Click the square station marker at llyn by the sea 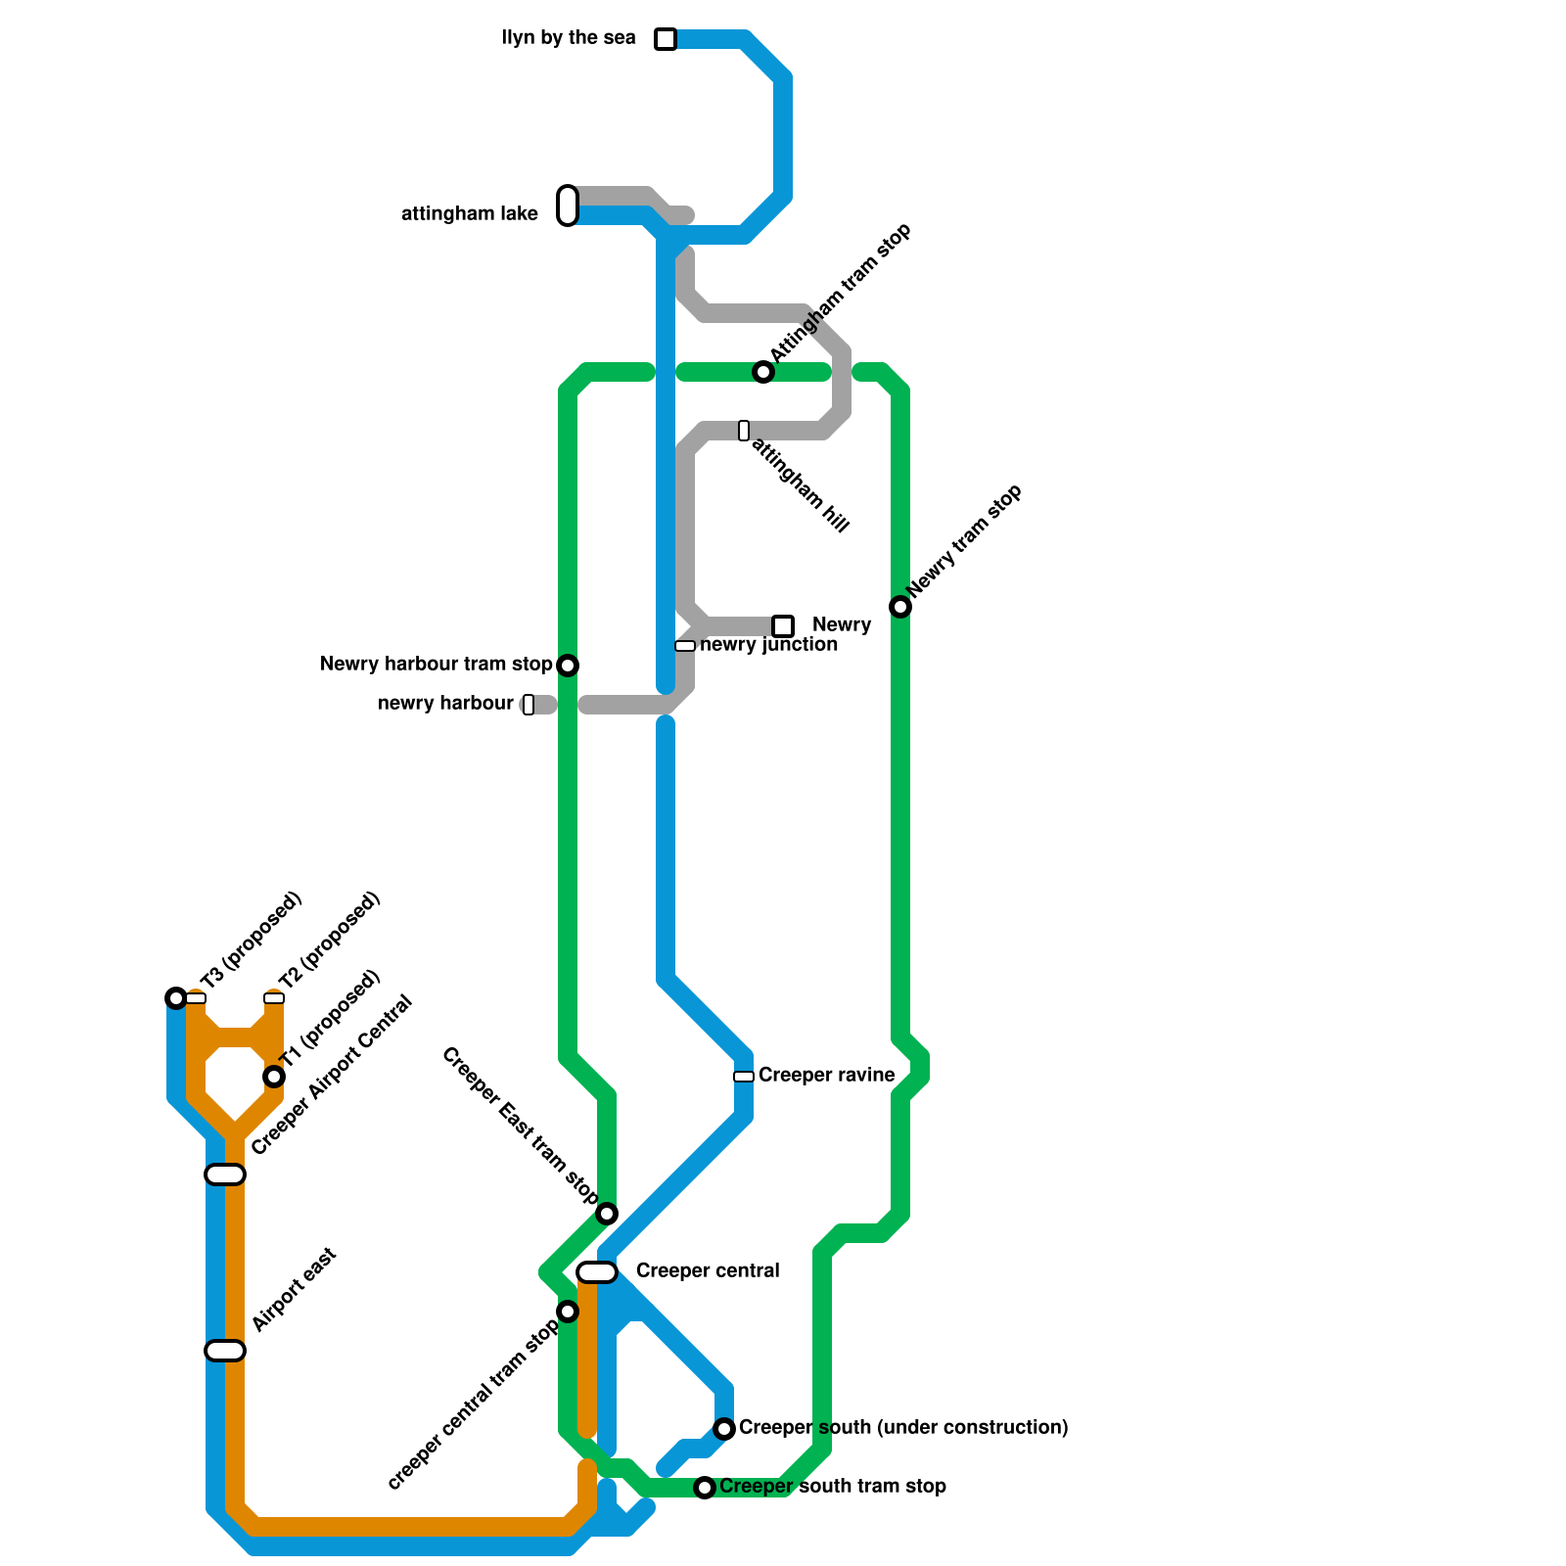(x=666, y=39)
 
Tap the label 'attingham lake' (x=470, y=214)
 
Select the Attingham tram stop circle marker (x=763, y=372)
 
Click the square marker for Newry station (x=783, y=626)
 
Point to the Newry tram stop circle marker (x=900, y=607)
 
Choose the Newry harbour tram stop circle (x=568, y=666)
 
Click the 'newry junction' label (x=768, y=645)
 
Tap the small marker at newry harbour (x=529, y=705)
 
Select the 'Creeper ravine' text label (x=826, y=1076)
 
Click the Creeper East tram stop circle (x=607, y=1214)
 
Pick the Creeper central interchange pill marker (x=597, y=1272)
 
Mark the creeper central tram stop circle (x=568, y=1312)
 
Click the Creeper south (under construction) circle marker (x=724, y=1429)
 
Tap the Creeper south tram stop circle (x=705, y=1488)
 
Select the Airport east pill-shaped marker (x=225, y=1351)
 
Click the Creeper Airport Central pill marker (x=225, y=1174)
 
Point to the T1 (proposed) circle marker (x=274, y=1077)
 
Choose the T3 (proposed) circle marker (x=176, y=998)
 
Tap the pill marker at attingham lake (x=568, y=206)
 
